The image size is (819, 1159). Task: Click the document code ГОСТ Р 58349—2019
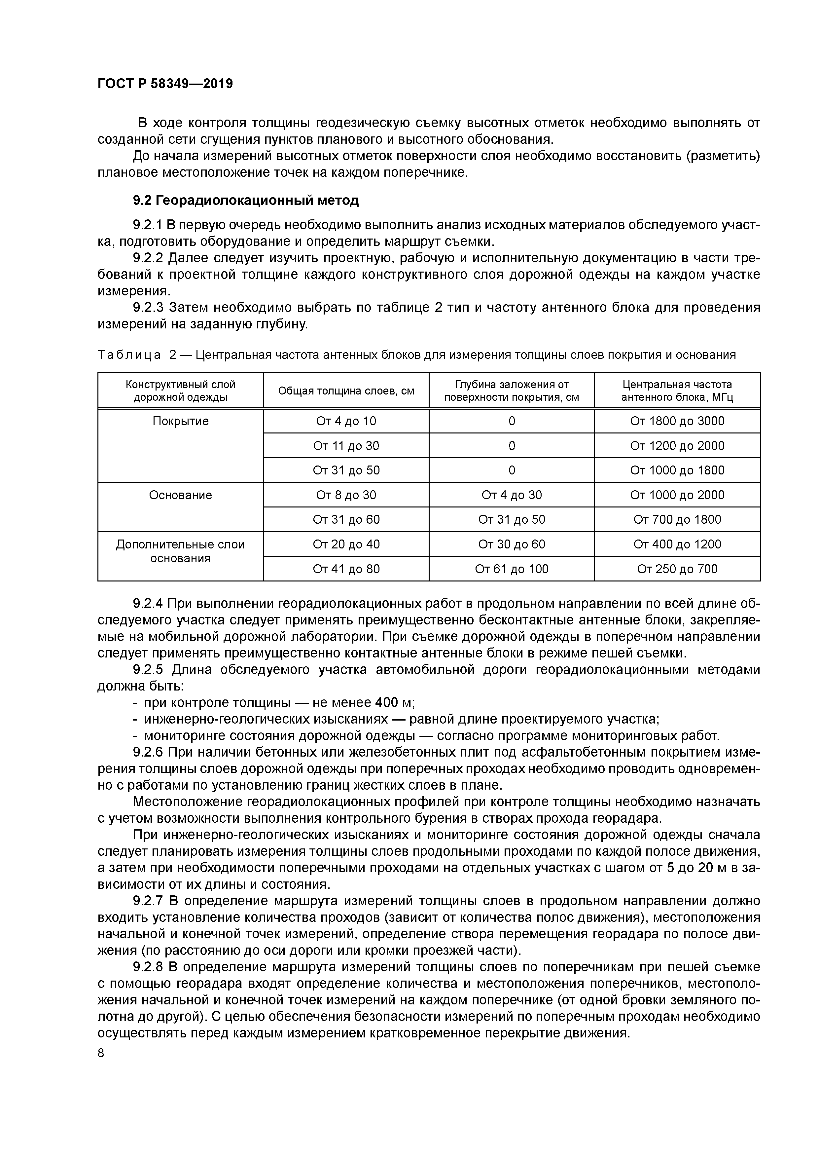pos(165,84)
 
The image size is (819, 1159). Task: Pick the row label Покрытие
pos(180,421)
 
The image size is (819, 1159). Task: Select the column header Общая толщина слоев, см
pos(346,391)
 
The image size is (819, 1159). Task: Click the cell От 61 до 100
pos(511,569)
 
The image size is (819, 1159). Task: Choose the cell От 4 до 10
pos(346,421)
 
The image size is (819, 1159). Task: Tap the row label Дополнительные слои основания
pos(180,551)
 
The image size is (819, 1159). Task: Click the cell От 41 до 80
pos(346,569)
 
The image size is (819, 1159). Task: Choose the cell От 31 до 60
pos(346,519)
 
